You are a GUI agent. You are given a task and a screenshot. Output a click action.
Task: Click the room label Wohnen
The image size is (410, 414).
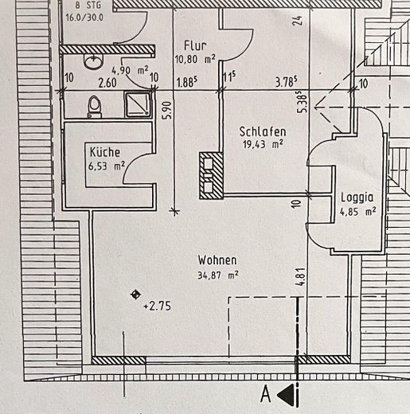(x=217, y=260)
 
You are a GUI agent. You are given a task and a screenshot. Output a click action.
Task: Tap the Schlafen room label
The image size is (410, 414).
(x=263, y=132)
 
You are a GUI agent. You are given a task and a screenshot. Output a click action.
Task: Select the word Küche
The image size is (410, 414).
(x=105, y=152)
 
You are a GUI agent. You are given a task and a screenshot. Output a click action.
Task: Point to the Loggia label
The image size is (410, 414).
(x=357, y=197)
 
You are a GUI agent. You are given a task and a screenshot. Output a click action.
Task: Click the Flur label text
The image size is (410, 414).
(x=195, y=45)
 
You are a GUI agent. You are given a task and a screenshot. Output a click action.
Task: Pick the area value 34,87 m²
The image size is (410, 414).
(x=218, y=275)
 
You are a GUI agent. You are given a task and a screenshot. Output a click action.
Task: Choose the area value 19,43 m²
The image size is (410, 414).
(x=263, y=144)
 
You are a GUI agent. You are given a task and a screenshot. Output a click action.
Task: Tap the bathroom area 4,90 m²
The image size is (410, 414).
(x=130, y=70)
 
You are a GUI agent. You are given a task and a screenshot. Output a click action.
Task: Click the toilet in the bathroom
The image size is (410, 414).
(x=95, y=107)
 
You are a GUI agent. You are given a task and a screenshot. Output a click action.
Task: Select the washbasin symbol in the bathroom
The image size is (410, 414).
(x=93, y=61)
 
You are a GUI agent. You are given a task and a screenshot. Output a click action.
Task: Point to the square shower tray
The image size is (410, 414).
(x=138, y=103)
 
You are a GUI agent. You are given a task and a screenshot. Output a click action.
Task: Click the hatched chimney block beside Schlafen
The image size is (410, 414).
(x=211, y=175)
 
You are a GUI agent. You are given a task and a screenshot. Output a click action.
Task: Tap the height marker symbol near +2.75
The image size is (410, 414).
(x=136, y=295)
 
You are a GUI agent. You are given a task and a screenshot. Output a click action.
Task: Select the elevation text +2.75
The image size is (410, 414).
(x=158, y=307)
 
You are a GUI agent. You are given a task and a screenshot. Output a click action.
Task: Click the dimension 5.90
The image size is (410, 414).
(x=168, y=111)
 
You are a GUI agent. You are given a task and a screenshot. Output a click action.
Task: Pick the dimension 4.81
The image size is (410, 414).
(x=300, y=277)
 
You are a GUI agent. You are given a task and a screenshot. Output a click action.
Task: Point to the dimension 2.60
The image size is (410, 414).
(x=107, y=83)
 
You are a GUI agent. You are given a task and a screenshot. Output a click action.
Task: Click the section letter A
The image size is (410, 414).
(x=266, y=394)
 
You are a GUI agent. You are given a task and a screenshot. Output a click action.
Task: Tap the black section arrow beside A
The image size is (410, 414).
(x=286, y=395)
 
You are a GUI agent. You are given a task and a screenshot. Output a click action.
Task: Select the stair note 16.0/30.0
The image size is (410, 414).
(x=84, y=18)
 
